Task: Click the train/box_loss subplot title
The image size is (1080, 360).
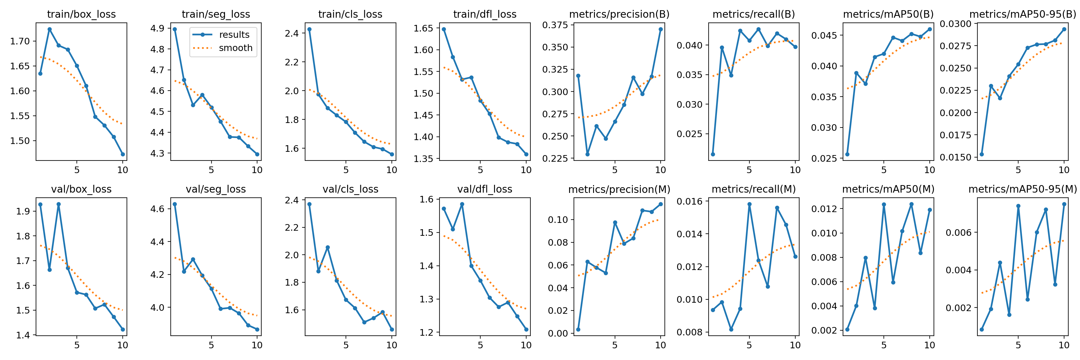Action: point(81,14)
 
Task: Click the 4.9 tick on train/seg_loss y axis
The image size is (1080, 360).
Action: point(157,28)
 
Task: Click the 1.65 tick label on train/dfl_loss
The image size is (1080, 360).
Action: point(423,28)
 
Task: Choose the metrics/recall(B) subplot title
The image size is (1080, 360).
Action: point(753,14)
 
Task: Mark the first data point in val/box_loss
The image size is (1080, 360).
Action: point(40,205)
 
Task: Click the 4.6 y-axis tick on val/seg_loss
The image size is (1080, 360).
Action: point(157,209)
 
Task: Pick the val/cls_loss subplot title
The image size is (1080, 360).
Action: point(350,189)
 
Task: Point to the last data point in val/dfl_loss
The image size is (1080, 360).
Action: point(526,329)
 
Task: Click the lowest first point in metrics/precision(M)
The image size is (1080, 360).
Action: point(578,329)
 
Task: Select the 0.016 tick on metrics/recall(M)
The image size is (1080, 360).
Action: point(689,201)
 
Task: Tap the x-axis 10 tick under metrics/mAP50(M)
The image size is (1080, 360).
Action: point(929,345)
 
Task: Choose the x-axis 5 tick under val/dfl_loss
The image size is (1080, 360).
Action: point(481,345)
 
